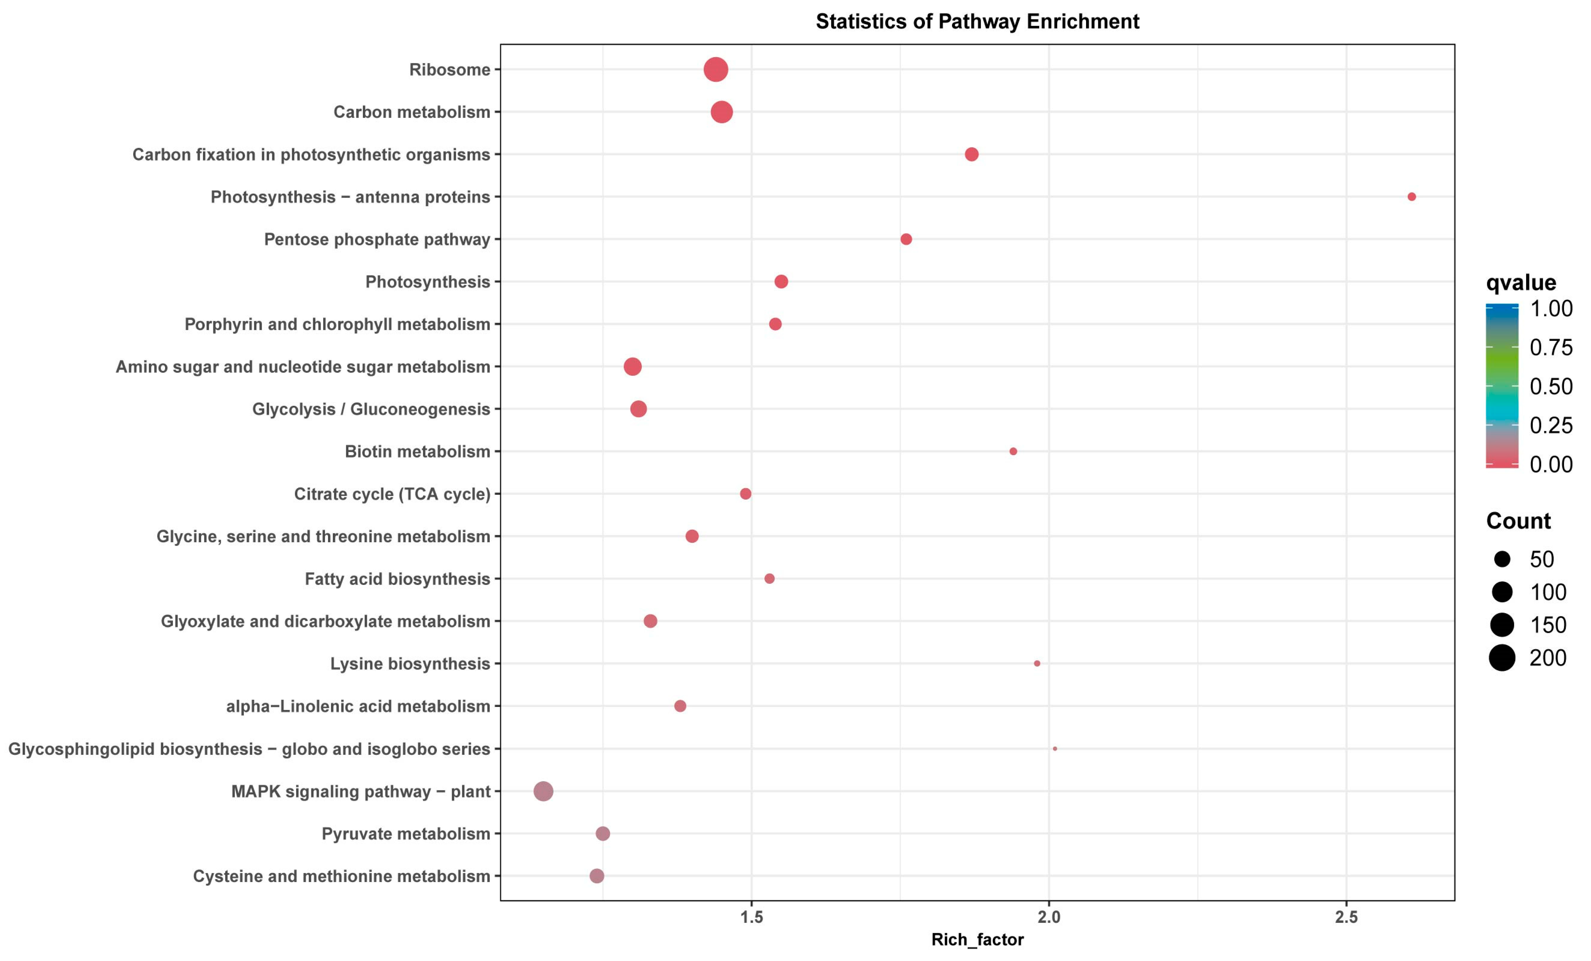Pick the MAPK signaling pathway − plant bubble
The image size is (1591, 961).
[x=544, y=791]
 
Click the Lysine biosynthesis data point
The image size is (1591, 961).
[x=1037, y=664]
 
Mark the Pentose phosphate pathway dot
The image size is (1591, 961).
[x=906, y=240]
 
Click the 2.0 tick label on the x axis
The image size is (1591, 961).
[x=1049, y=917]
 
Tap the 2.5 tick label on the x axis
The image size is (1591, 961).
[x=1346, y=917]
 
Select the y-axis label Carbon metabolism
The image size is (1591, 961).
[x=411, y=112]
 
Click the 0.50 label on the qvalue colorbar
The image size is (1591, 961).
[x=1551, y=386]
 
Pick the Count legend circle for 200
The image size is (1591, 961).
[x=1503, y=658]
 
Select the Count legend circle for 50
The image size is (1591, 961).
[x=1503, y=559]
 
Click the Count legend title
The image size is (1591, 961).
[x=1518, y=521]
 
